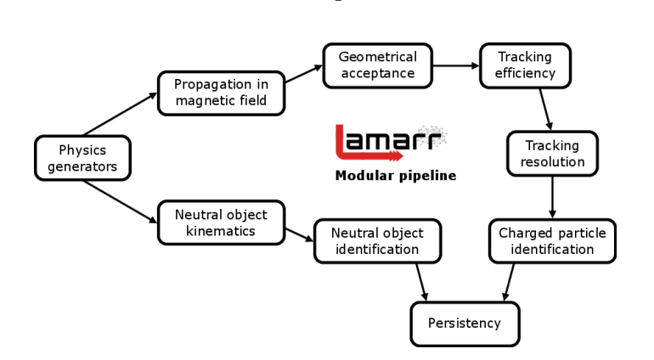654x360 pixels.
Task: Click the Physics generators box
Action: [82, 158]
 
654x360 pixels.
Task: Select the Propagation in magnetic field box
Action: [221, 93]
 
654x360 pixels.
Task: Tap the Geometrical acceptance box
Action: [378, 65]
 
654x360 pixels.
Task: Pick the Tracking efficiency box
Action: [526, 65]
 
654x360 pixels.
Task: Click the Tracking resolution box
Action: [554, 153]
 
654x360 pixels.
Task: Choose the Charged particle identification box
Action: [552, 241]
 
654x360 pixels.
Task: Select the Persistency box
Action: [465, 323]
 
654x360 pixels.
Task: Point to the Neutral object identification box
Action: [377, 241]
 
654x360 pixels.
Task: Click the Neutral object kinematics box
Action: [220, 222]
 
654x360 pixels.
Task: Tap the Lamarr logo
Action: [390, 142]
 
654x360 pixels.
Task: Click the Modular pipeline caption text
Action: [395, 177]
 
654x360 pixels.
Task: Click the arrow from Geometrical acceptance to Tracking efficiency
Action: [456, 65]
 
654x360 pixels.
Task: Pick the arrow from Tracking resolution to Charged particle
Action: [554, 196]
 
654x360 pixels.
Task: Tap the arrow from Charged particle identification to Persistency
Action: [510, 281]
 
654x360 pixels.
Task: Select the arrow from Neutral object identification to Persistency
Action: [420, 281]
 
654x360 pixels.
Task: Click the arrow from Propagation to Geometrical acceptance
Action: [303, 74]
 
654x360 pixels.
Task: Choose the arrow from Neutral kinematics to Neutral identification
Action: [299, 233]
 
